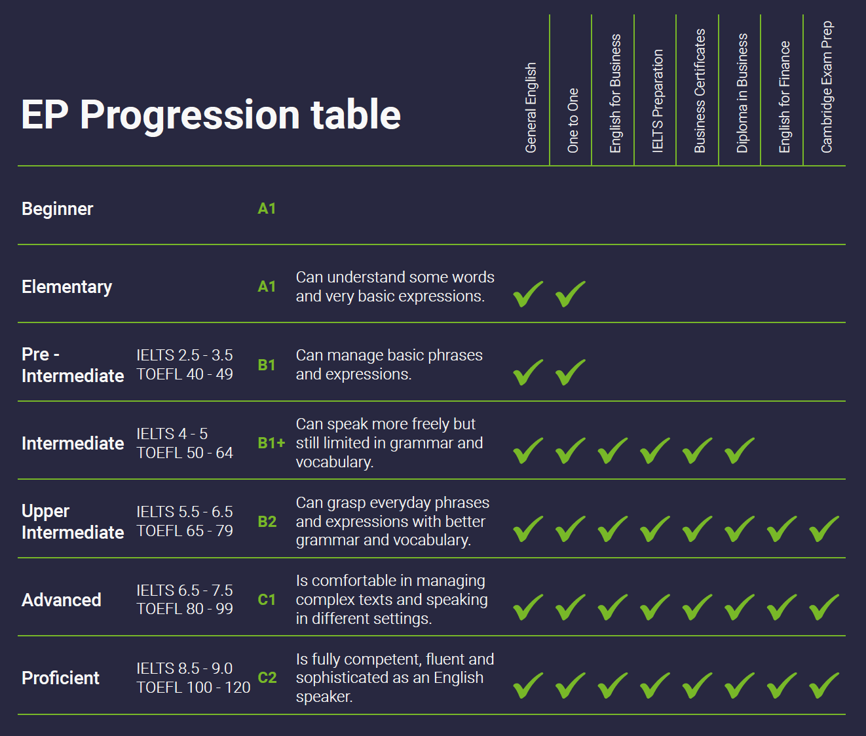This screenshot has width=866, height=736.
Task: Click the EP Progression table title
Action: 211,115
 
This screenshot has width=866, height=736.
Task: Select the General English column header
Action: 531,107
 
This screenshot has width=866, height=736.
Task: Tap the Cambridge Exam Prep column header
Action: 827,87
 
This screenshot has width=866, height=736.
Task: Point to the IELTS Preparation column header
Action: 658,100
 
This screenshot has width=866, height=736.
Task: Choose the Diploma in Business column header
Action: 742,92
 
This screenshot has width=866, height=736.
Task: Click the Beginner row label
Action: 58,208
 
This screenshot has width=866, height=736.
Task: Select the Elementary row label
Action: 67,287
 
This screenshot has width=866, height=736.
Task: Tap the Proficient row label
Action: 61,678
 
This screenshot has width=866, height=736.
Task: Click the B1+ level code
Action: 271,443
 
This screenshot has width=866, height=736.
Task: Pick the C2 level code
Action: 267,677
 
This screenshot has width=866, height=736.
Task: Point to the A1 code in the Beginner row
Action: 267,208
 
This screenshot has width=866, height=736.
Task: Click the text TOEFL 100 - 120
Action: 193,688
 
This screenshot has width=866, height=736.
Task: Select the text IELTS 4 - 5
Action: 172,434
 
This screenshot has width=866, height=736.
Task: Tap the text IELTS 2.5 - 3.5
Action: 185,355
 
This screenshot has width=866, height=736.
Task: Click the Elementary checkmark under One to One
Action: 570,294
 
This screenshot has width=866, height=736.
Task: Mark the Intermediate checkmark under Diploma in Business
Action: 740,450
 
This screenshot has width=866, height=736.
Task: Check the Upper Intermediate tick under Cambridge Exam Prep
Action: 824,528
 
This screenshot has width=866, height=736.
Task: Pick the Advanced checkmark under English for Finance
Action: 781,607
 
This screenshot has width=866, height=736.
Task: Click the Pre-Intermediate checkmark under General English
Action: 529,372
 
